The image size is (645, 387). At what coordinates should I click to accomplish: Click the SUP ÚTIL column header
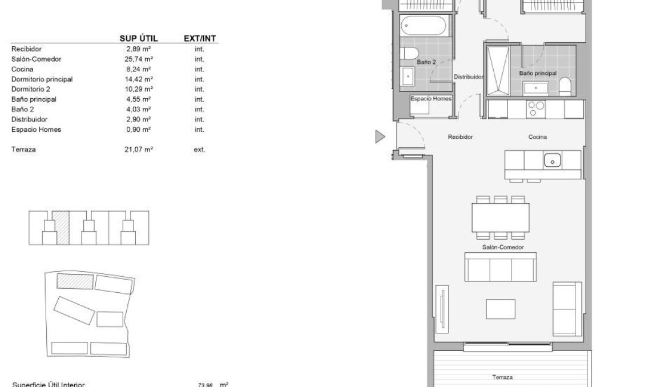[x=138, y=38]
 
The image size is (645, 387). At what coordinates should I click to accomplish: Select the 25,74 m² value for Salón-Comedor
[x=139, y=59]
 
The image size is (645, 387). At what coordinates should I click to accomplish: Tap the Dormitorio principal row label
[x=42, y=79]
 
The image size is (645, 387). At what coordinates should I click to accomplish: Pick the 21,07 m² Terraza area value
[x=139, y=150]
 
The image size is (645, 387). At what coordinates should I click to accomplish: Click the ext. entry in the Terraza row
[x=199, y=150]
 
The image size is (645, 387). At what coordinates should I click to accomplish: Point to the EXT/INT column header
[x=200, y=38]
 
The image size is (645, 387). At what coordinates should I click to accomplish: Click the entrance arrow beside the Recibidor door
[x=380, y=136]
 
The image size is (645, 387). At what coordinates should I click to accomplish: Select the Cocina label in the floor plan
[x=537, y=137]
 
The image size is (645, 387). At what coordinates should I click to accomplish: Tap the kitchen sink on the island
[x=553, y=160]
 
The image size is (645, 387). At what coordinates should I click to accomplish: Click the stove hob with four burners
[x=537, y=108]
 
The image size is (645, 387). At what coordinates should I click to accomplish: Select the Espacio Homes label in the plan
[x=431, y=99]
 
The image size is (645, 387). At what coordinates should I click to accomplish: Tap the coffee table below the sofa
[x=500, y=309]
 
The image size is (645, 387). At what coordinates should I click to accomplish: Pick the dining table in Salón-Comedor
[x=500, y=217]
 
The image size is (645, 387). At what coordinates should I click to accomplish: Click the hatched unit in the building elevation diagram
[x=62, y=227]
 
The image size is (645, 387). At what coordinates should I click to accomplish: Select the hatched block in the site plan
[x=75, y=281]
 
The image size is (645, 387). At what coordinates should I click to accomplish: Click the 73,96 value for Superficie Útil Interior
[x=205, y=385]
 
